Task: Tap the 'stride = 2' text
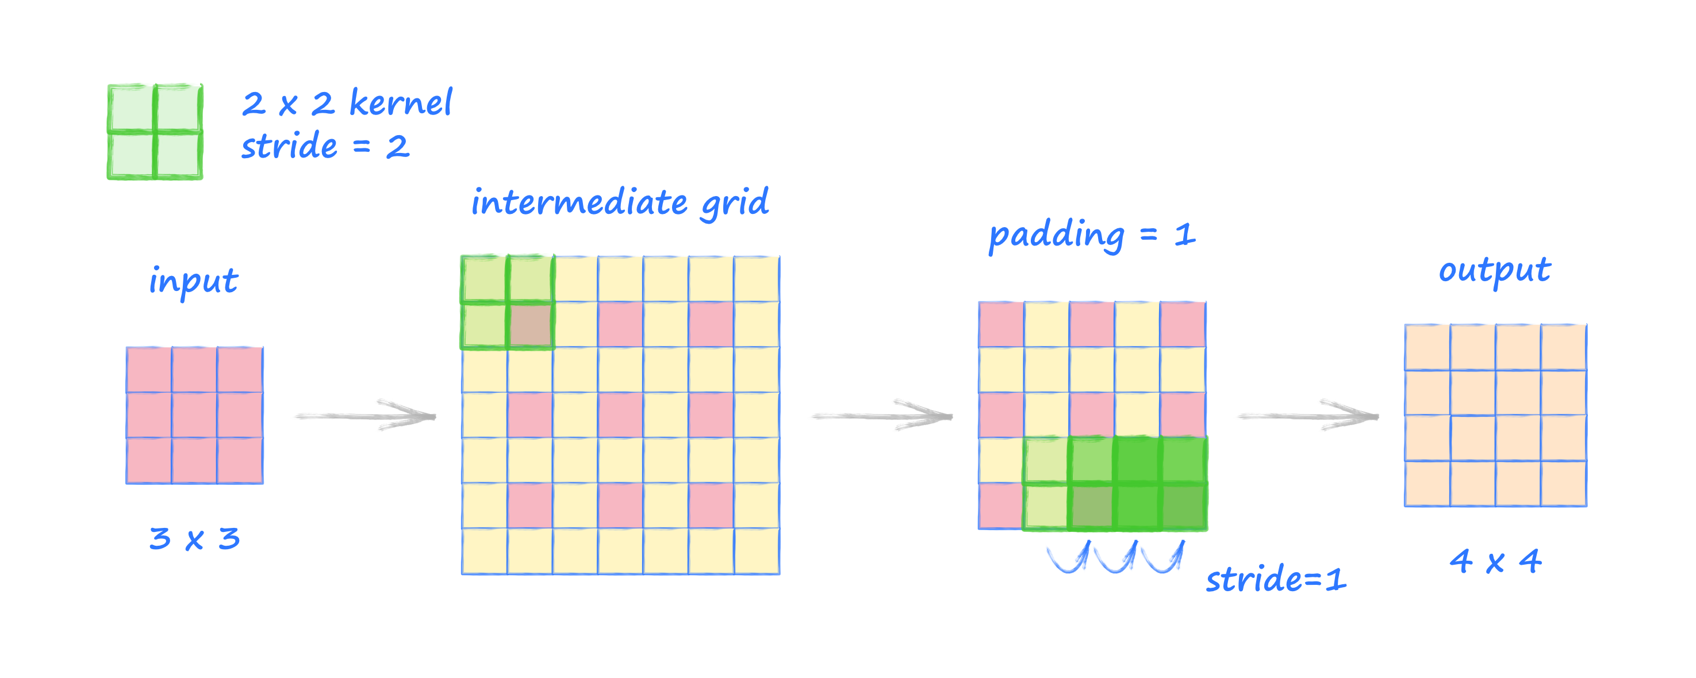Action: [325, 146]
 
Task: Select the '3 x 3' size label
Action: [194, 539]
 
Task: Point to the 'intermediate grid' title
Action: [620, 202]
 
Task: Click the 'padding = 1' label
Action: [1092, 235]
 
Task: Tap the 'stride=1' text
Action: [1276, 580]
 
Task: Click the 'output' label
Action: [1495, 270]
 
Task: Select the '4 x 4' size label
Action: [1495, 561]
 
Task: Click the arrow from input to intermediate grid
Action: [366, 415]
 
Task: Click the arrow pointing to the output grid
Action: [1307, 415]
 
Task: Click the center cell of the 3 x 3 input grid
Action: [194, 415]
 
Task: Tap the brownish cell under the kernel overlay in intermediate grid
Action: [530, 325]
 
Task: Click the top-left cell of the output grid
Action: [1428, 347]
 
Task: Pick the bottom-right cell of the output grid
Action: [1564, 483]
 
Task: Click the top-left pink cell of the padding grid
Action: [1002, 324]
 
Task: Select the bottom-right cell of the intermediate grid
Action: [757, 551]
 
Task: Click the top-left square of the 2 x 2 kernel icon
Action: [132, 109]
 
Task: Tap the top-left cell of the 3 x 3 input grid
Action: [149, 370]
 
